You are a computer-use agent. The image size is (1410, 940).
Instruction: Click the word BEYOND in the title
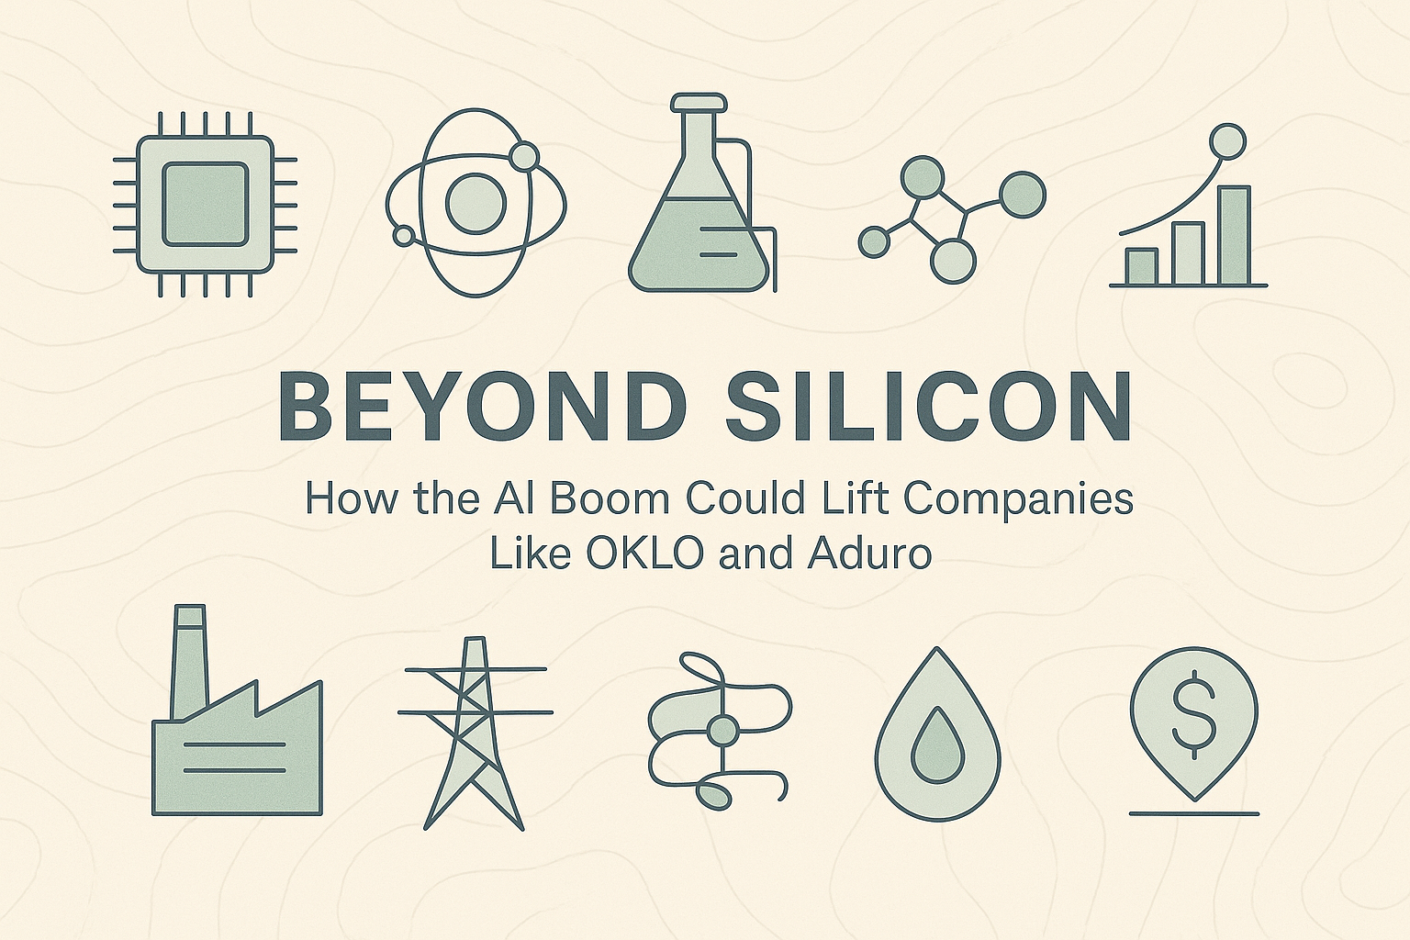[482, 406]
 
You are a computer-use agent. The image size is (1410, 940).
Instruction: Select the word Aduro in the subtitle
[869, 554]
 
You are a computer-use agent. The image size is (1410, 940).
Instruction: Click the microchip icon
[205, 204]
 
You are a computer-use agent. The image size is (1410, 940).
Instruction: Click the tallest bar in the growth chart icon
[1234, 235]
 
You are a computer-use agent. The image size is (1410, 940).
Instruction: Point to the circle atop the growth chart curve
[1226, 141]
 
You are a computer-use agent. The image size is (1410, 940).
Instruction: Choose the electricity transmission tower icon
[474, 734]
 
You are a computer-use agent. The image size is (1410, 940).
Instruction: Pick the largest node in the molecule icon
[1021, 194]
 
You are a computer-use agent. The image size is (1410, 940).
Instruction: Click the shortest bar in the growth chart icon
[1141, 265]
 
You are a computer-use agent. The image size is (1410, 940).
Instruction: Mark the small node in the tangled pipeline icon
[722, 733]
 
